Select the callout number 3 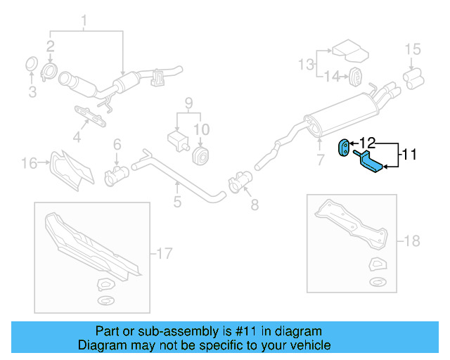click(32, 92)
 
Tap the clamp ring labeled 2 click(50, 71)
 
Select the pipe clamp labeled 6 click(113, 173)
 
